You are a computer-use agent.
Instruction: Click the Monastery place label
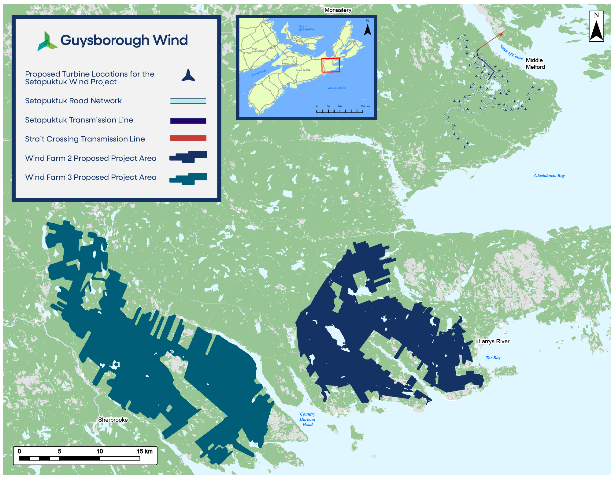(338, 10)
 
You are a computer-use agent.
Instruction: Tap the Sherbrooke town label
(113, 420)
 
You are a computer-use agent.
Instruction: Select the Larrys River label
(494, 341)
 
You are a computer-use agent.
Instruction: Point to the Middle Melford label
(535, 63)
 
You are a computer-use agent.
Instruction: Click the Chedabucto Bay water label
(549, 175)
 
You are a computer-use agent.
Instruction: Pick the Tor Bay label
(493, 358)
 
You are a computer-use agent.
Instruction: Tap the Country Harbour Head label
(307, 419)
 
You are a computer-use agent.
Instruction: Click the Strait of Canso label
(511, 52)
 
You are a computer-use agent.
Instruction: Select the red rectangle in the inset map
(331, 65)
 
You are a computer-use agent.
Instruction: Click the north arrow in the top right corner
(596, 27)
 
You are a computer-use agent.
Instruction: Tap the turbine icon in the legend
(188, 75)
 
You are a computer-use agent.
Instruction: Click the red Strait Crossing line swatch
(188, 138)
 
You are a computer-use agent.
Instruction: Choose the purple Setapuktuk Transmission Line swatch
(188, 121)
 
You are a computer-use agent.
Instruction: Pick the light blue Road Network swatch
(188, 101)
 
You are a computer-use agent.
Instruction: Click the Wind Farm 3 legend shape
(188, 179)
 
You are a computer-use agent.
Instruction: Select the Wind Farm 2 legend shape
(188, 157)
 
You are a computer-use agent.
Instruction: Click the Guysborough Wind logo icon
(47, 41)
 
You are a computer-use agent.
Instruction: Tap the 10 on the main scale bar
(100, 451)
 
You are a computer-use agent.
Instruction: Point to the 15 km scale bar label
(144, 451)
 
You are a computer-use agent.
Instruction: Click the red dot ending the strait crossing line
(501, 34)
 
